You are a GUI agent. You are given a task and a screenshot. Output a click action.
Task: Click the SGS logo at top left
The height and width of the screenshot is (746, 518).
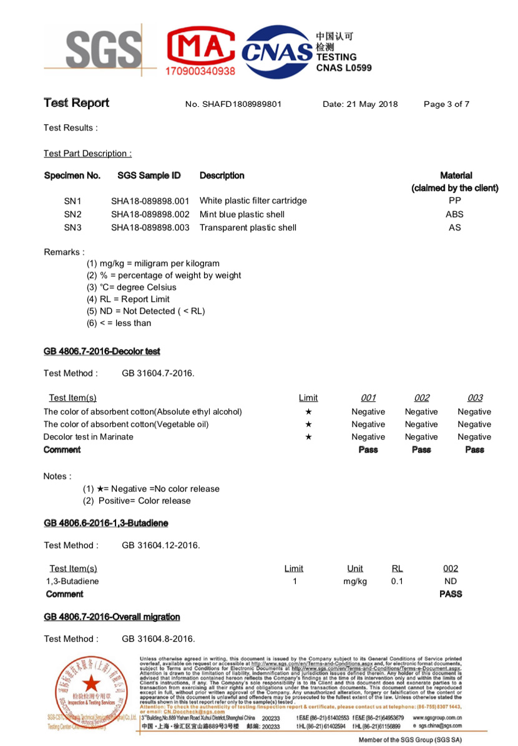[x=103, y=51]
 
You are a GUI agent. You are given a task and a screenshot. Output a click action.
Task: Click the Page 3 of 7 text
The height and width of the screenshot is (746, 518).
[x=446, y=104]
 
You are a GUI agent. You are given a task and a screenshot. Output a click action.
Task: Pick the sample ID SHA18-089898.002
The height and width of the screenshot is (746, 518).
[x=150, y=214]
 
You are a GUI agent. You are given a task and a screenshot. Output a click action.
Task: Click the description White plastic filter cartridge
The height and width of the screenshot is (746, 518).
[x=253, y=201]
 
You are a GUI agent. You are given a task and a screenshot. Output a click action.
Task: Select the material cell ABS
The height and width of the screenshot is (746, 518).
[x=454, y=214]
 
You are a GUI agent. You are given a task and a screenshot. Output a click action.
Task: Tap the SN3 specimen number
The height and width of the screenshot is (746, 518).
[x=73, y=227]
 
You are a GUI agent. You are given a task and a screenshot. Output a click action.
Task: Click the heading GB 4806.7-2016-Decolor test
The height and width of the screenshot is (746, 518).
[x=102, y=351]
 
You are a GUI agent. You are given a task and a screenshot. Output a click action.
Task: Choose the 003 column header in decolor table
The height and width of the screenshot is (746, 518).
[x=474, y=398]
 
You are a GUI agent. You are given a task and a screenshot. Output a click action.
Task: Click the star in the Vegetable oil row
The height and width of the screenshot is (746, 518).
[x=308, y=425]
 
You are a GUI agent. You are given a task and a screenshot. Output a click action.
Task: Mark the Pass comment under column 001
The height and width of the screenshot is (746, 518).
[x=368, y=449]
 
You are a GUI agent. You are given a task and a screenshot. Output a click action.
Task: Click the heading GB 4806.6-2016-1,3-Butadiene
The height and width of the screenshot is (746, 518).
[x=106, y=523]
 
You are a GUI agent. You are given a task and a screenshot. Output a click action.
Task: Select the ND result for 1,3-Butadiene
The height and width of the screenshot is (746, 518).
[x=450, y=581]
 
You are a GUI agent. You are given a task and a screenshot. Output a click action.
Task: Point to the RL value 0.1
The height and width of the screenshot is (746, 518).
[x=397, y=581]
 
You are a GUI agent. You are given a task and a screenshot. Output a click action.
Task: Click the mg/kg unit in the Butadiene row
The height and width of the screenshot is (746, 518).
[x=355, y=581]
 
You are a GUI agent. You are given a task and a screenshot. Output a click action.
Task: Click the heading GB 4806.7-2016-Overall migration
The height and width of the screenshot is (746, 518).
[x=112, y=617]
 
